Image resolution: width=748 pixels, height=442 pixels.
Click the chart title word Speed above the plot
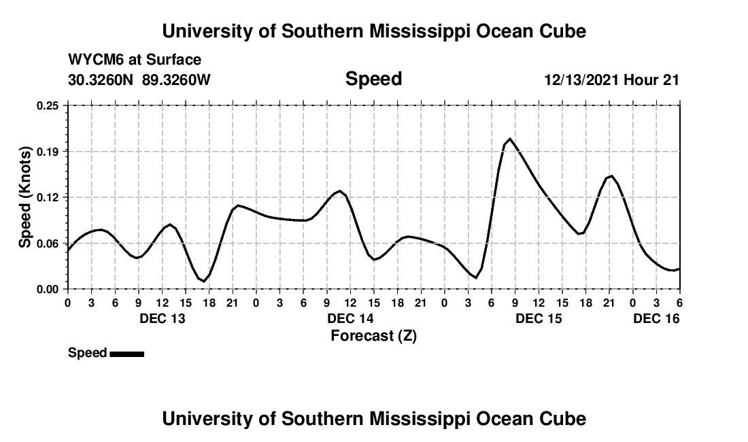373,79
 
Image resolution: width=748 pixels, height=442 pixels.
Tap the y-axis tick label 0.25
48,105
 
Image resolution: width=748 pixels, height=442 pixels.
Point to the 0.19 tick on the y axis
48,151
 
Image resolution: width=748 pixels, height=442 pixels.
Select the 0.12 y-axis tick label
48,197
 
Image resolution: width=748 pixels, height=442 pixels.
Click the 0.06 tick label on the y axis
48,243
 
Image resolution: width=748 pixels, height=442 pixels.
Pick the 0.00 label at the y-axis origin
48,289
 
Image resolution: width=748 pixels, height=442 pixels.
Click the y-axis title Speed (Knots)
25,197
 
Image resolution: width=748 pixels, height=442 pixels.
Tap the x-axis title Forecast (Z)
373,335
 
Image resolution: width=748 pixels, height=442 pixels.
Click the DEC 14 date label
350,318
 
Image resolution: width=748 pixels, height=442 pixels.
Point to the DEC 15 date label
539,318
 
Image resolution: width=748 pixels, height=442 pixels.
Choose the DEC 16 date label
656,318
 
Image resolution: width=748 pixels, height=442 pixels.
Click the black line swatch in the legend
126,354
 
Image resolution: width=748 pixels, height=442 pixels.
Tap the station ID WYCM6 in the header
96,60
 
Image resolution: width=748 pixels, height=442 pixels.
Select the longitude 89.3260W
176,80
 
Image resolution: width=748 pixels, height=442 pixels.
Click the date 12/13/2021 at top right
581,80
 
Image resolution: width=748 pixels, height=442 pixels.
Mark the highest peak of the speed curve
510,139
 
